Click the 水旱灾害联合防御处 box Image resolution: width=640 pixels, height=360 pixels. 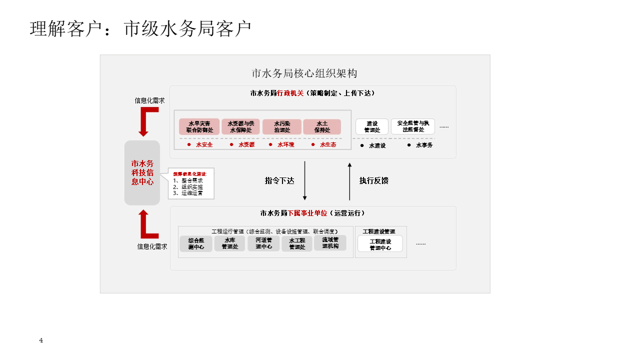[199, 126]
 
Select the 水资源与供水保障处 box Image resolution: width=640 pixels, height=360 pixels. [241, 126]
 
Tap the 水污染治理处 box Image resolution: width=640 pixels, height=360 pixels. [282, 126]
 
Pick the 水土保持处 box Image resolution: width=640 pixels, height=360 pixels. [322, 126]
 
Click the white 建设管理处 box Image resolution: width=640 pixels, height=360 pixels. [371, 126]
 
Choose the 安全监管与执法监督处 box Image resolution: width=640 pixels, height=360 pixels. [413, 126]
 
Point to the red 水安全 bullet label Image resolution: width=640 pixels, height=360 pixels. [204, 145]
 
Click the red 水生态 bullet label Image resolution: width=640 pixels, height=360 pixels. [328, 145]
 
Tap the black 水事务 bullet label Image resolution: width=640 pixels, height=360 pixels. [424, 145]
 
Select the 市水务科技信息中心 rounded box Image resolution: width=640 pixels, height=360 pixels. [142, 172]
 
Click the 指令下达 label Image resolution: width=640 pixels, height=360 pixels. [279, 181]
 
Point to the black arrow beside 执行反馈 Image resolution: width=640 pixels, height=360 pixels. [349, 181]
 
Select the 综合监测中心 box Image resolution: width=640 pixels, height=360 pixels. [196, 243]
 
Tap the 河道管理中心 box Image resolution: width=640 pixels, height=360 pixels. [263, 243]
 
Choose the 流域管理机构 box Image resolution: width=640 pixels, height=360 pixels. [330, 243]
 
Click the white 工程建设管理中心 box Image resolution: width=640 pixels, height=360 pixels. [380, 244]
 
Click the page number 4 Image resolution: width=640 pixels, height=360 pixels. [41, 340]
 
